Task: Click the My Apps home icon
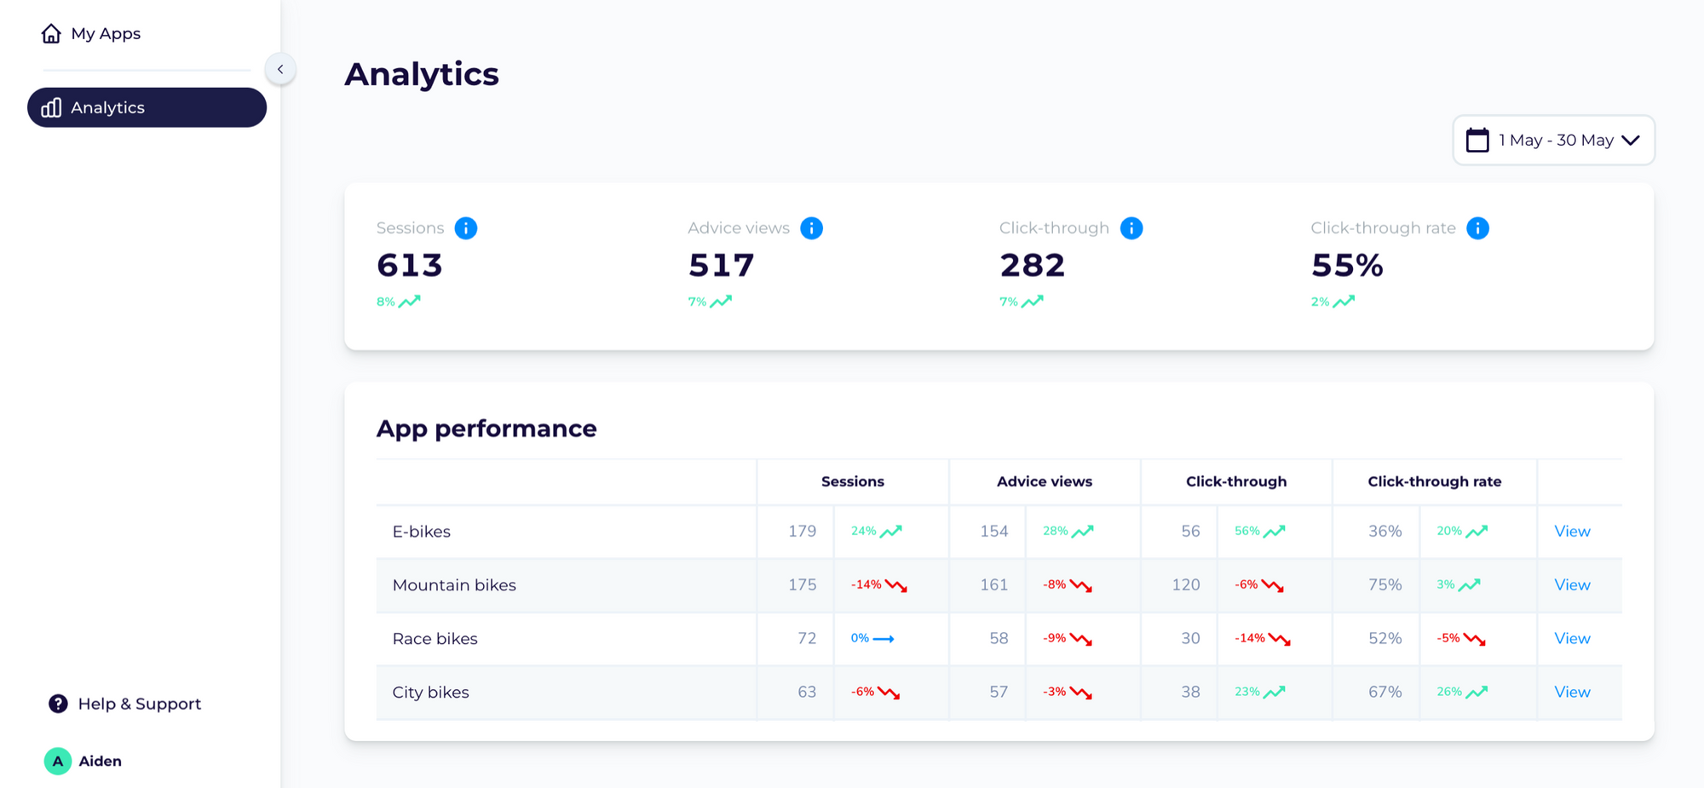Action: [51, 33]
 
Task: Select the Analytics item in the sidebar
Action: [147, 107]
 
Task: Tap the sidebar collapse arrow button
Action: [280, 69]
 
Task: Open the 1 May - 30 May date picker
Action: [1553, 140]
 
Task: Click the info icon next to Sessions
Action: [466, 228]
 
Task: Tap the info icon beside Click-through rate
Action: [1477, 228]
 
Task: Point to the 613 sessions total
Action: [410, 266]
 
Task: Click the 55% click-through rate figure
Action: [1347, 266]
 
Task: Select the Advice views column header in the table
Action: [1044, 481]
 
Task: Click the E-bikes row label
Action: [422, 532]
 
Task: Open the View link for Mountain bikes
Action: [1572, 585]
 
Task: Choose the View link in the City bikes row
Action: [1572, 693]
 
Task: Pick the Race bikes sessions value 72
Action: [806, 639]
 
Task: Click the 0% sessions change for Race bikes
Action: [861, 638]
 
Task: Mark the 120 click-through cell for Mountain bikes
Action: [1185, 585]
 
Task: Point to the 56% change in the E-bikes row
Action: [1247, 532]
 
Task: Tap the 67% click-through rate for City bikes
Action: [1384, 693]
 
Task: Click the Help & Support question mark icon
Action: [58, 704]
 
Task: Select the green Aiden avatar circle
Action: [57, 761]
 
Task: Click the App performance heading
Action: [486, 429]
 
